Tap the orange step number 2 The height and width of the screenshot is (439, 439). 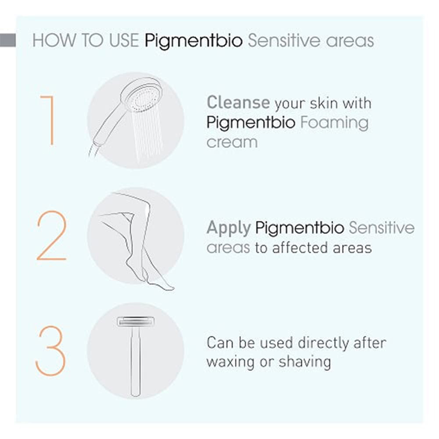(x=52, y=235)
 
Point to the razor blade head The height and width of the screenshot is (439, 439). (x=136, y=322)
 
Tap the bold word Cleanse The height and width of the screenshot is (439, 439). (x=238, y=102)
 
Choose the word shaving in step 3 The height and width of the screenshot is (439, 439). (x=305, y=362)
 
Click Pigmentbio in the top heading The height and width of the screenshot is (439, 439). (x=194, y=41)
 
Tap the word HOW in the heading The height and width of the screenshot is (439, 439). (x=54, y=41)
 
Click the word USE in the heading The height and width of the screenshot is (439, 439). (x=124, y=41)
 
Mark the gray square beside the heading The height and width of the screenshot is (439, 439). (x=8, y=40)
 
